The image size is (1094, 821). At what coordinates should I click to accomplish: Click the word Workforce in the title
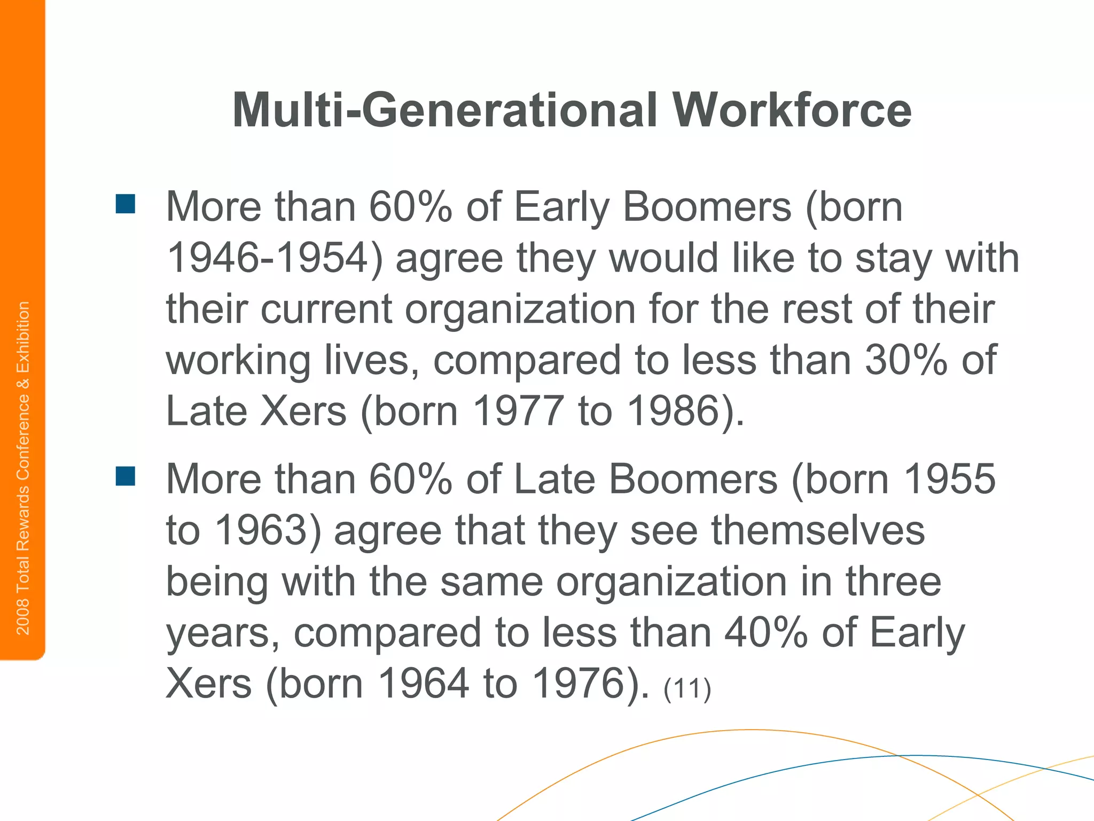[x=791, y=110]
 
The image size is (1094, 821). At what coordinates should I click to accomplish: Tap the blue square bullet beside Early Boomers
[x=126, y=204]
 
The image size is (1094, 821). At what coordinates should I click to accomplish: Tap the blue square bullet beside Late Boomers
[x=126, y=476]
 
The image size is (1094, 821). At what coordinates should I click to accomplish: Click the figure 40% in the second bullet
[x=765, y=633]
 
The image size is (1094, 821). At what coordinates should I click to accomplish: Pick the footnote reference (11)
[x=687, y=688]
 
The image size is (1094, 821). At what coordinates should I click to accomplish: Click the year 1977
[x=518, y=411]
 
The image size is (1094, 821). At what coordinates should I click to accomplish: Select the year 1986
[x=673, y=411]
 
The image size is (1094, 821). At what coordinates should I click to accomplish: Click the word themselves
[x=818, y=530]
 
